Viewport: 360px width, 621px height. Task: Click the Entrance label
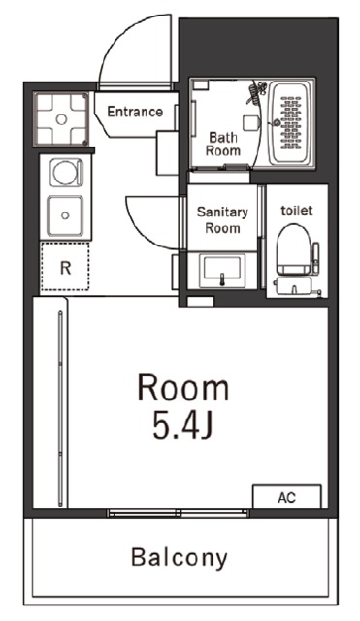[135, 112]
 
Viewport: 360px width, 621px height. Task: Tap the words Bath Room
[223, 145]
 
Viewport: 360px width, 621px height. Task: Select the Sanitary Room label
[222, 220]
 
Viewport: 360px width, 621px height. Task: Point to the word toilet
[297, 211]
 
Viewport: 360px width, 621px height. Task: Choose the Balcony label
[179, 558]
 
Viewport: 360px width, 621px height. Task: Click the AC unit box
[286, 497]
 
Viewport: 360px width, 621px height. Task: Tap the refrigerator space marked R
[65, 267]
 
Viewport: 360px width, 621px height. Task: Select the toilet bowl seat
[293, 248]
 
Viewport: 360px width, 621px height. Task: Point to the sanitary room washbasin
[222, 270]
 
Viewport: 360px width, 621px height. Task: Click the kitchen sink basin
[66, 215]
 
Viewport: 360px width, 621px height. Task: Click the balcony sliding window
[179, 513]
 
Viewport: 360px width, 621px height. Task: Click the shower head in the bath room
[254, 92]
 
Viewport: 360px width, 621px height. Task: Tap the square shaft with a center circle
[61, 118]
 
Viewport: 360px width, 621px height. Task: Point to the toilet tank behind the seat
[294, 286]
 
